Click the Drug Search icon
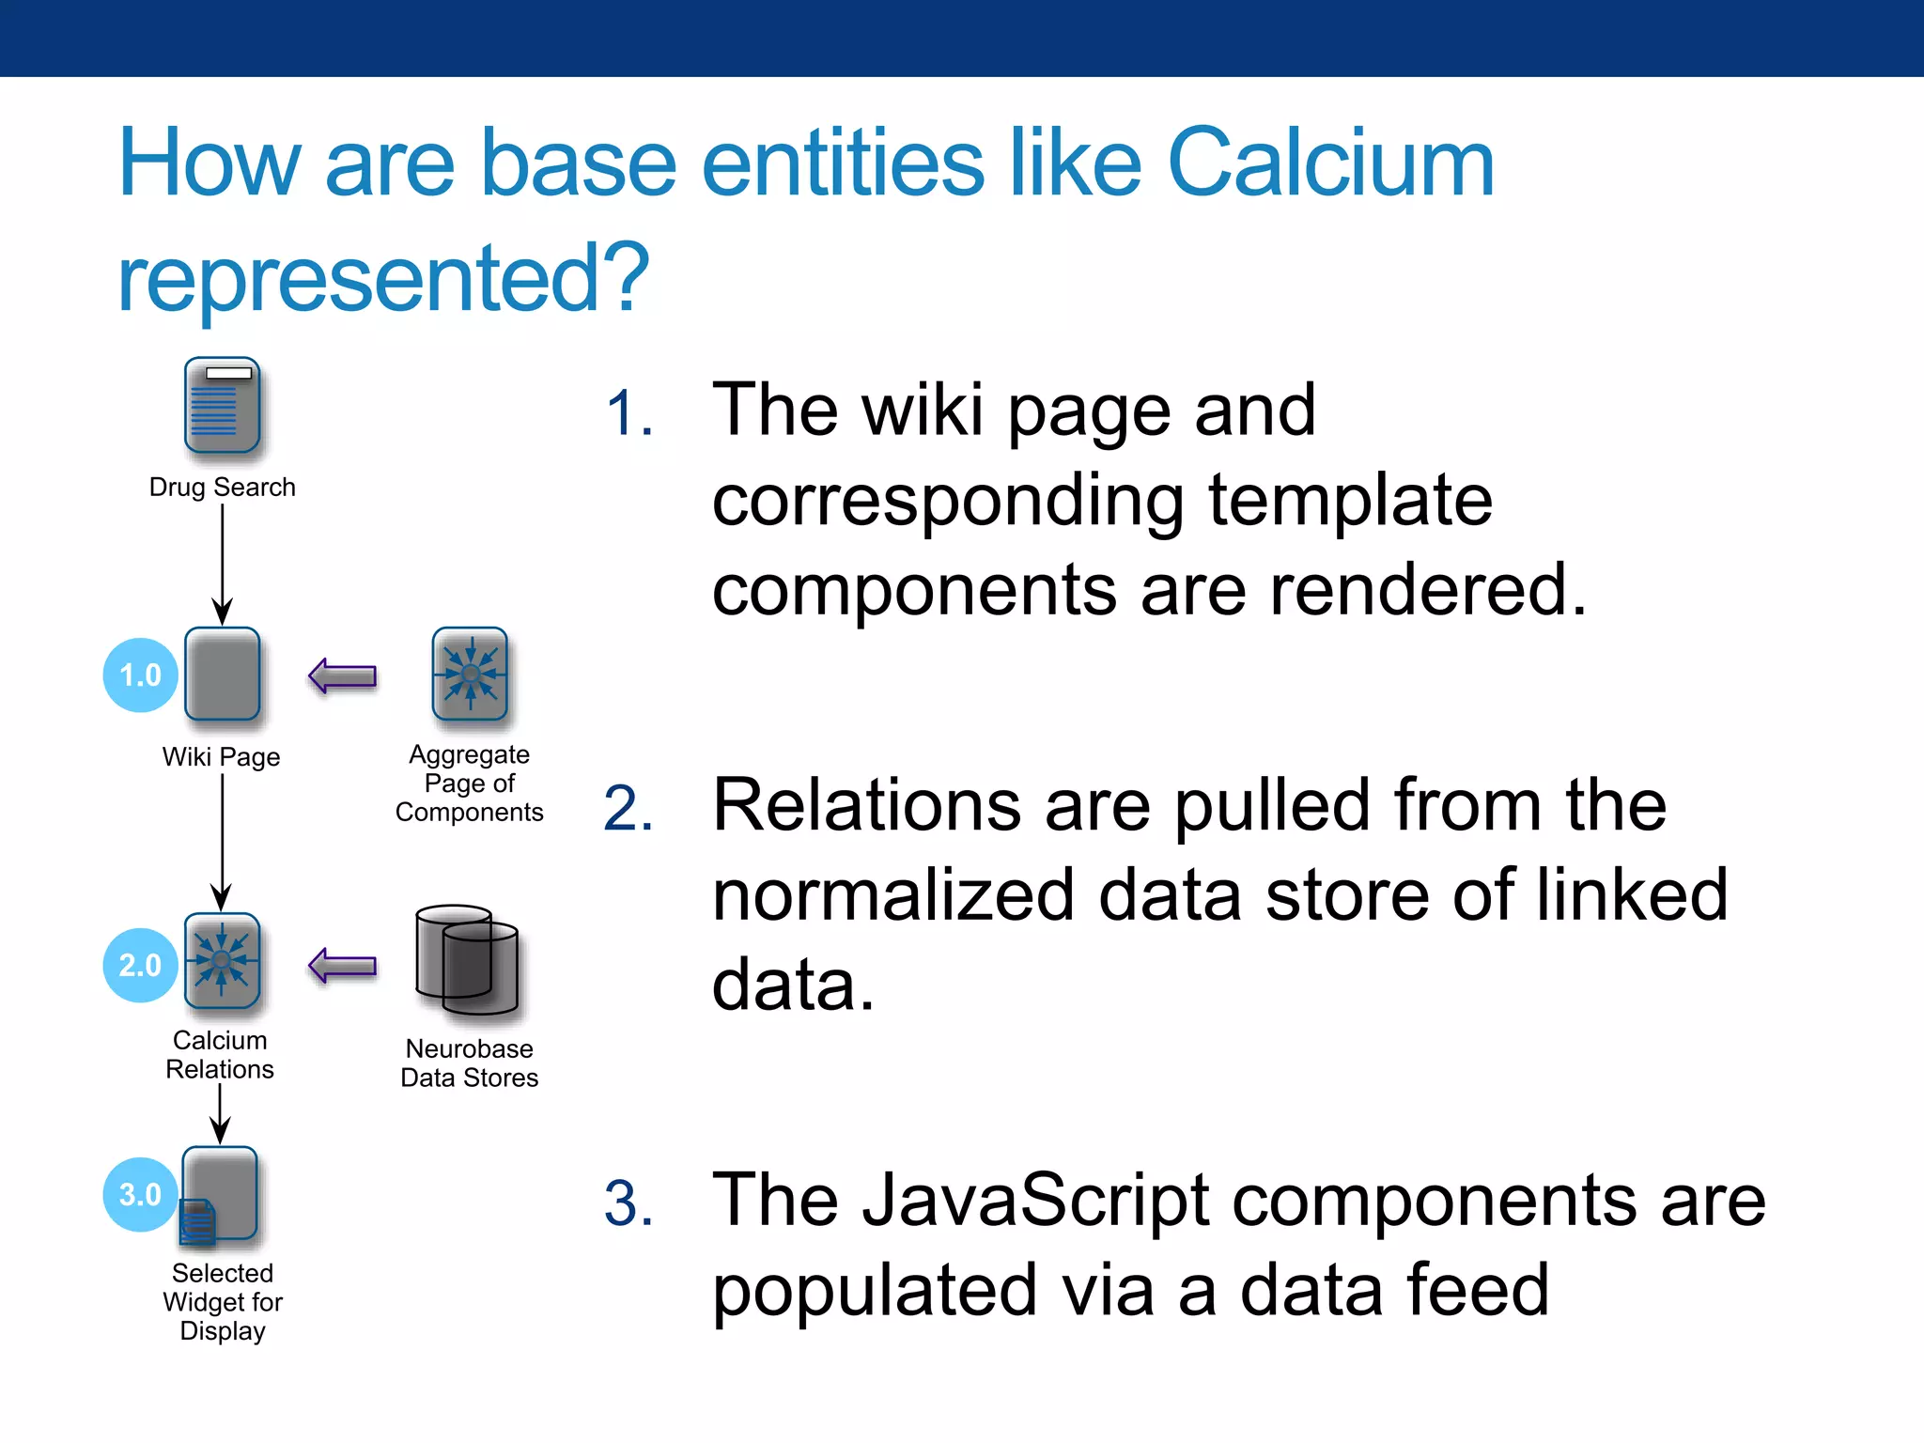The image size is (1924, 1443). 222,406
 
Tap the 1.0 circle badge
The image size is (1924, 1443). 141,675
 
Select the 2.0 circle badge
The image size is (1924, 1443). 141,965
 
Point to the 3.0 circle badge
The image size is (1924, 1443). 141,1194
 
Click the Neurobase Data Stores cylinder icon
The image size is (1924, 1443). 467,960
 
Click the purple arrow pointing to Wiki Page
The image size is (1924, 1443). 343,675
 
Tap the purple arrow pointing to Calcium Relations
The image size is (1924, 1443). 343,965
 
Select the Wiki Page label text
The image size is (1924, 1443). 221,757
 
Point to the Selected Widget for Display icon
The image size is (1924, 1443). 219,1195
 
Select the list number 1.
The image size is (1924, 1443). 628,413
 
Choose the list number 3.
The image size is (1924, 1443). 628,1203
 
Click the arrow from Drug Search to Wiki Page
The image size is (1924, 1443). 223,564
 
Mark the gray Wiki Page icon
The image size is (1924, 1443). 223,674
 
